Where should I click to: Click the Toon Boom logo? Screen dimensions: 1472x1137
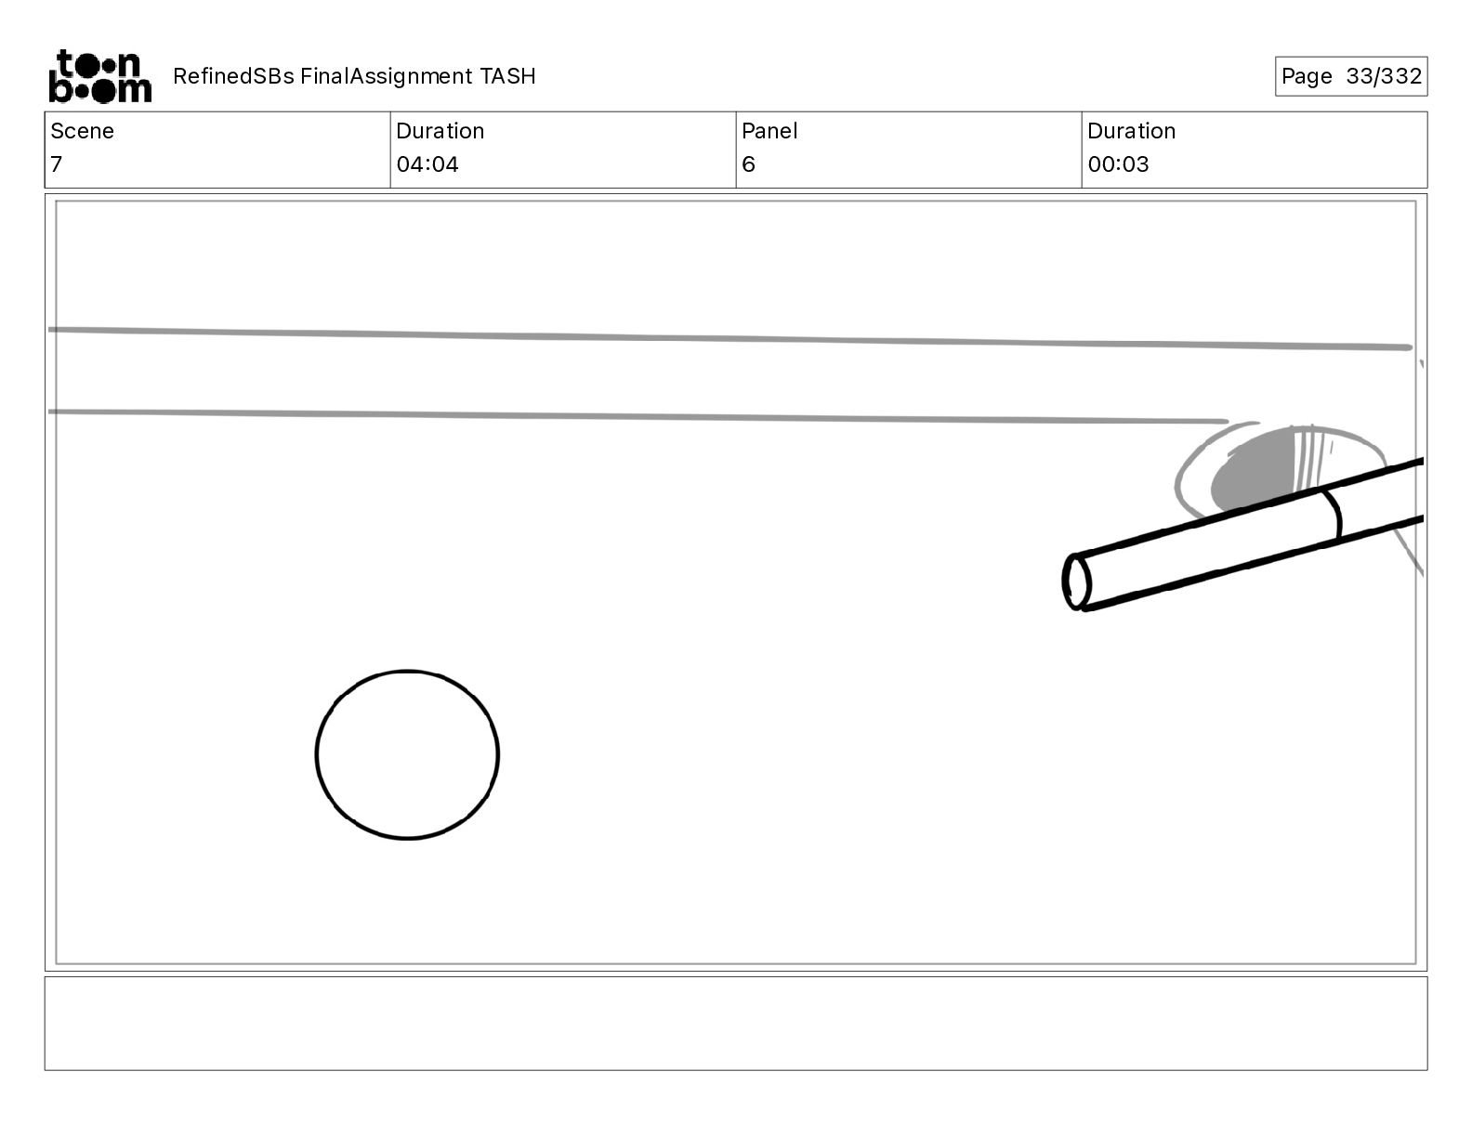coord(100,76)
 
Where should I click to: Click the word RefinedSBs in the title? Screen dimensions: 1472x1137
coord(233,76)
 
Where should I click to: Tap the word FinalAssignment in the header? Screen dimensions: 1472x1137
coord(386,76)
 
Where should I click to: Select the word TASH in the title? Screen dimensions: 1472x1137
coord(507,76)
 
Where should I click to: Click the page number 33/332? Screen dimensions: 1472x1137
coord(1384,76)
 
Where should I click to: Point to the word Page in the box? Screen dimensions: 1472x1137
coord(1306,76)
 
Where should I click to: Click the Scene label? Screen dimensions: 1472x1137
coord(82,131)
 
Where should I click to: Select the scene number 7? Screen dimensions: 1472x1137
coord(57,163)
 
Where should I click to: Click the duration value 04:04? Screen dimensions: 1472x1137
coord(427,163)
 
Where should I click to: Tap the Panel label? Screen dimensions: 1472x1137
coord(769,131)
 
